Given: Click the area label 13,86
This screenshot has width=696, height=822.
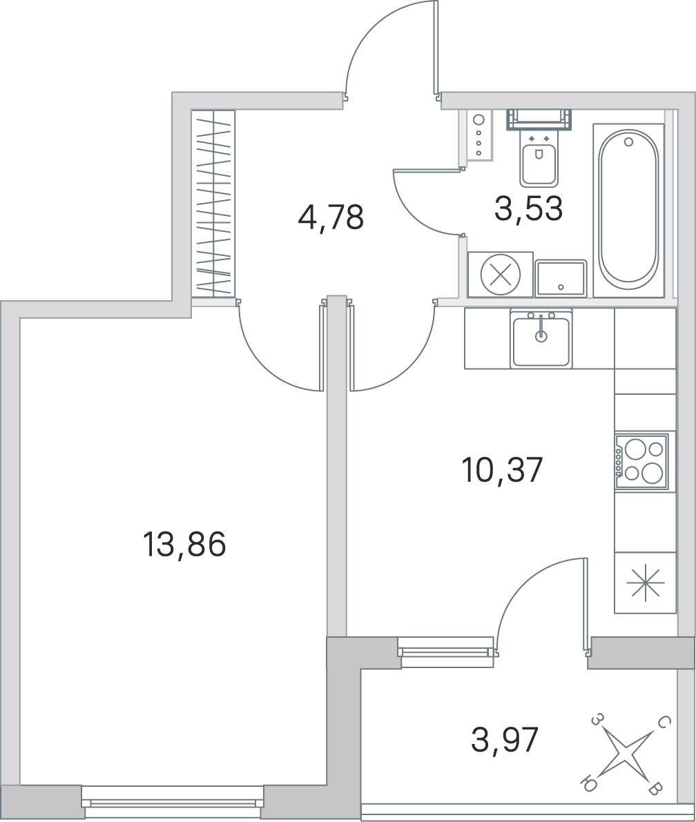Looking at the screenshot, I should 184,546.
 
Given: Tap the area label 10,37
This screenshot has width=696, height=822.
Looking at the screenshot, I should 503,471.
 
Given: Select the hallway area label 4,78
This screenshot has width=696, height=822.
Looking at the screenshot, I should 330,219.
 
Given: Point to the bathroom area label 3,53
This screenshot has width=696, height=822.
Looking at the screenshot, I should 529,208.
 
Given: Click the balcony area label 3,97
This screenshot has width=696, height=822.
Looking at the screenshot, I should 504,741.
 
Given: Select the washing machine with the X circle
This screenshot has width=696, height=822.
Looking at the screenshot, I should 501,275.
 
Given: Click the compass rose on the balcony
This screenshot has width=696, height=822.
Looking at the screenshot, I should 625,754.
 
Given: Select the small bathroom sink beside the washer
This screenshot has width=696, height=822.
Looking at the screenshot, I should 561,278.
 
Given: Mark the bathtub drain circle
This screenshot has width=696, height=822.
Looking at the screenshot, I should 628,141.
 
